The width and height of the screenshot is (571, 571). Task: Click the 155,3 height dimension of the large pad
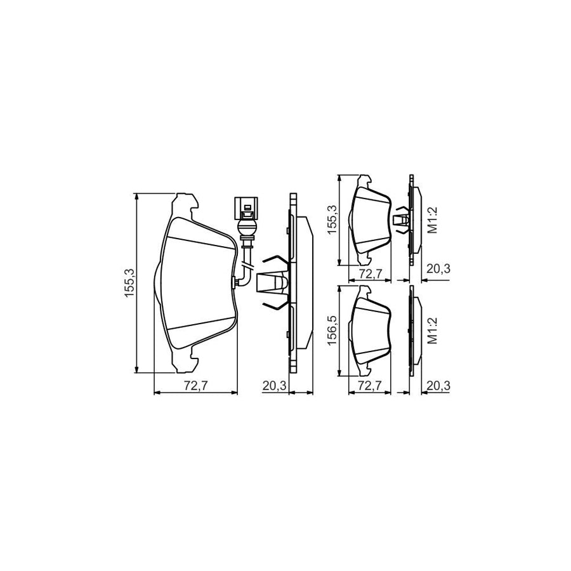(x=130, y=284)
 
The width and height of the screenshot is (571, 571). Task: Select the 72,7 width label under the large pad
(x=195, y=386)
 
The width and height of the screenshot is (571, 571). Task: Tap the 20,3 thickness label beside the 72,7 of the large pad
(x=275, y=386)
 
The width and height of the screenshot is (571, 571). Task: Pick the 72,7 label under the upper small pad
(x=370, y=274)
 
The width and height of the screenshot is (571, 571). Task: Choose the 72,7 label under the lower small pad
(x=370, y=386)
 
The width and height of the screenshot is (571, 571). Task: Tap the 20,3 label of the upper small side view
(x=438, y=270)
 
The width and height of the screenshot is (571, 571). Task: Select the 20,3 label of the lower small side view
(x=438, y=386)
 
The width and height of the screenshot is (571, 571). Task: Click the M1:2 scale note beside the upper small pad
(x=432, y=220)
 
